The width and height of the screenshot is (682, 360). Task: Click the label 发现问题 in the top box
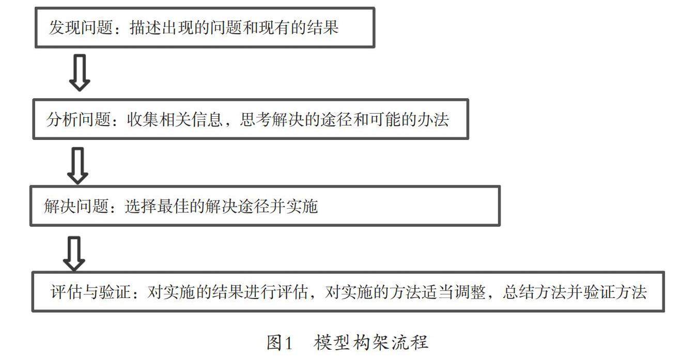[81, 27]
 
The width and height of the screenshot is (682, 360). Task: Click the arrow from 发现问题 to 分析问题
[80, 72]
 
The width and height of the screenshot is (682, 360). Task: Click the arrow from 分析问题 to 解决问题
[78, 165]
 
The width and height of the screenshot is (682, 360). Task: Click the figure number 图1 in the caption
[280, 342]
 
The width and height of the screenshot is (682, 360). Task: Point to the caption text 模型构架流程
[370, 342]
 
